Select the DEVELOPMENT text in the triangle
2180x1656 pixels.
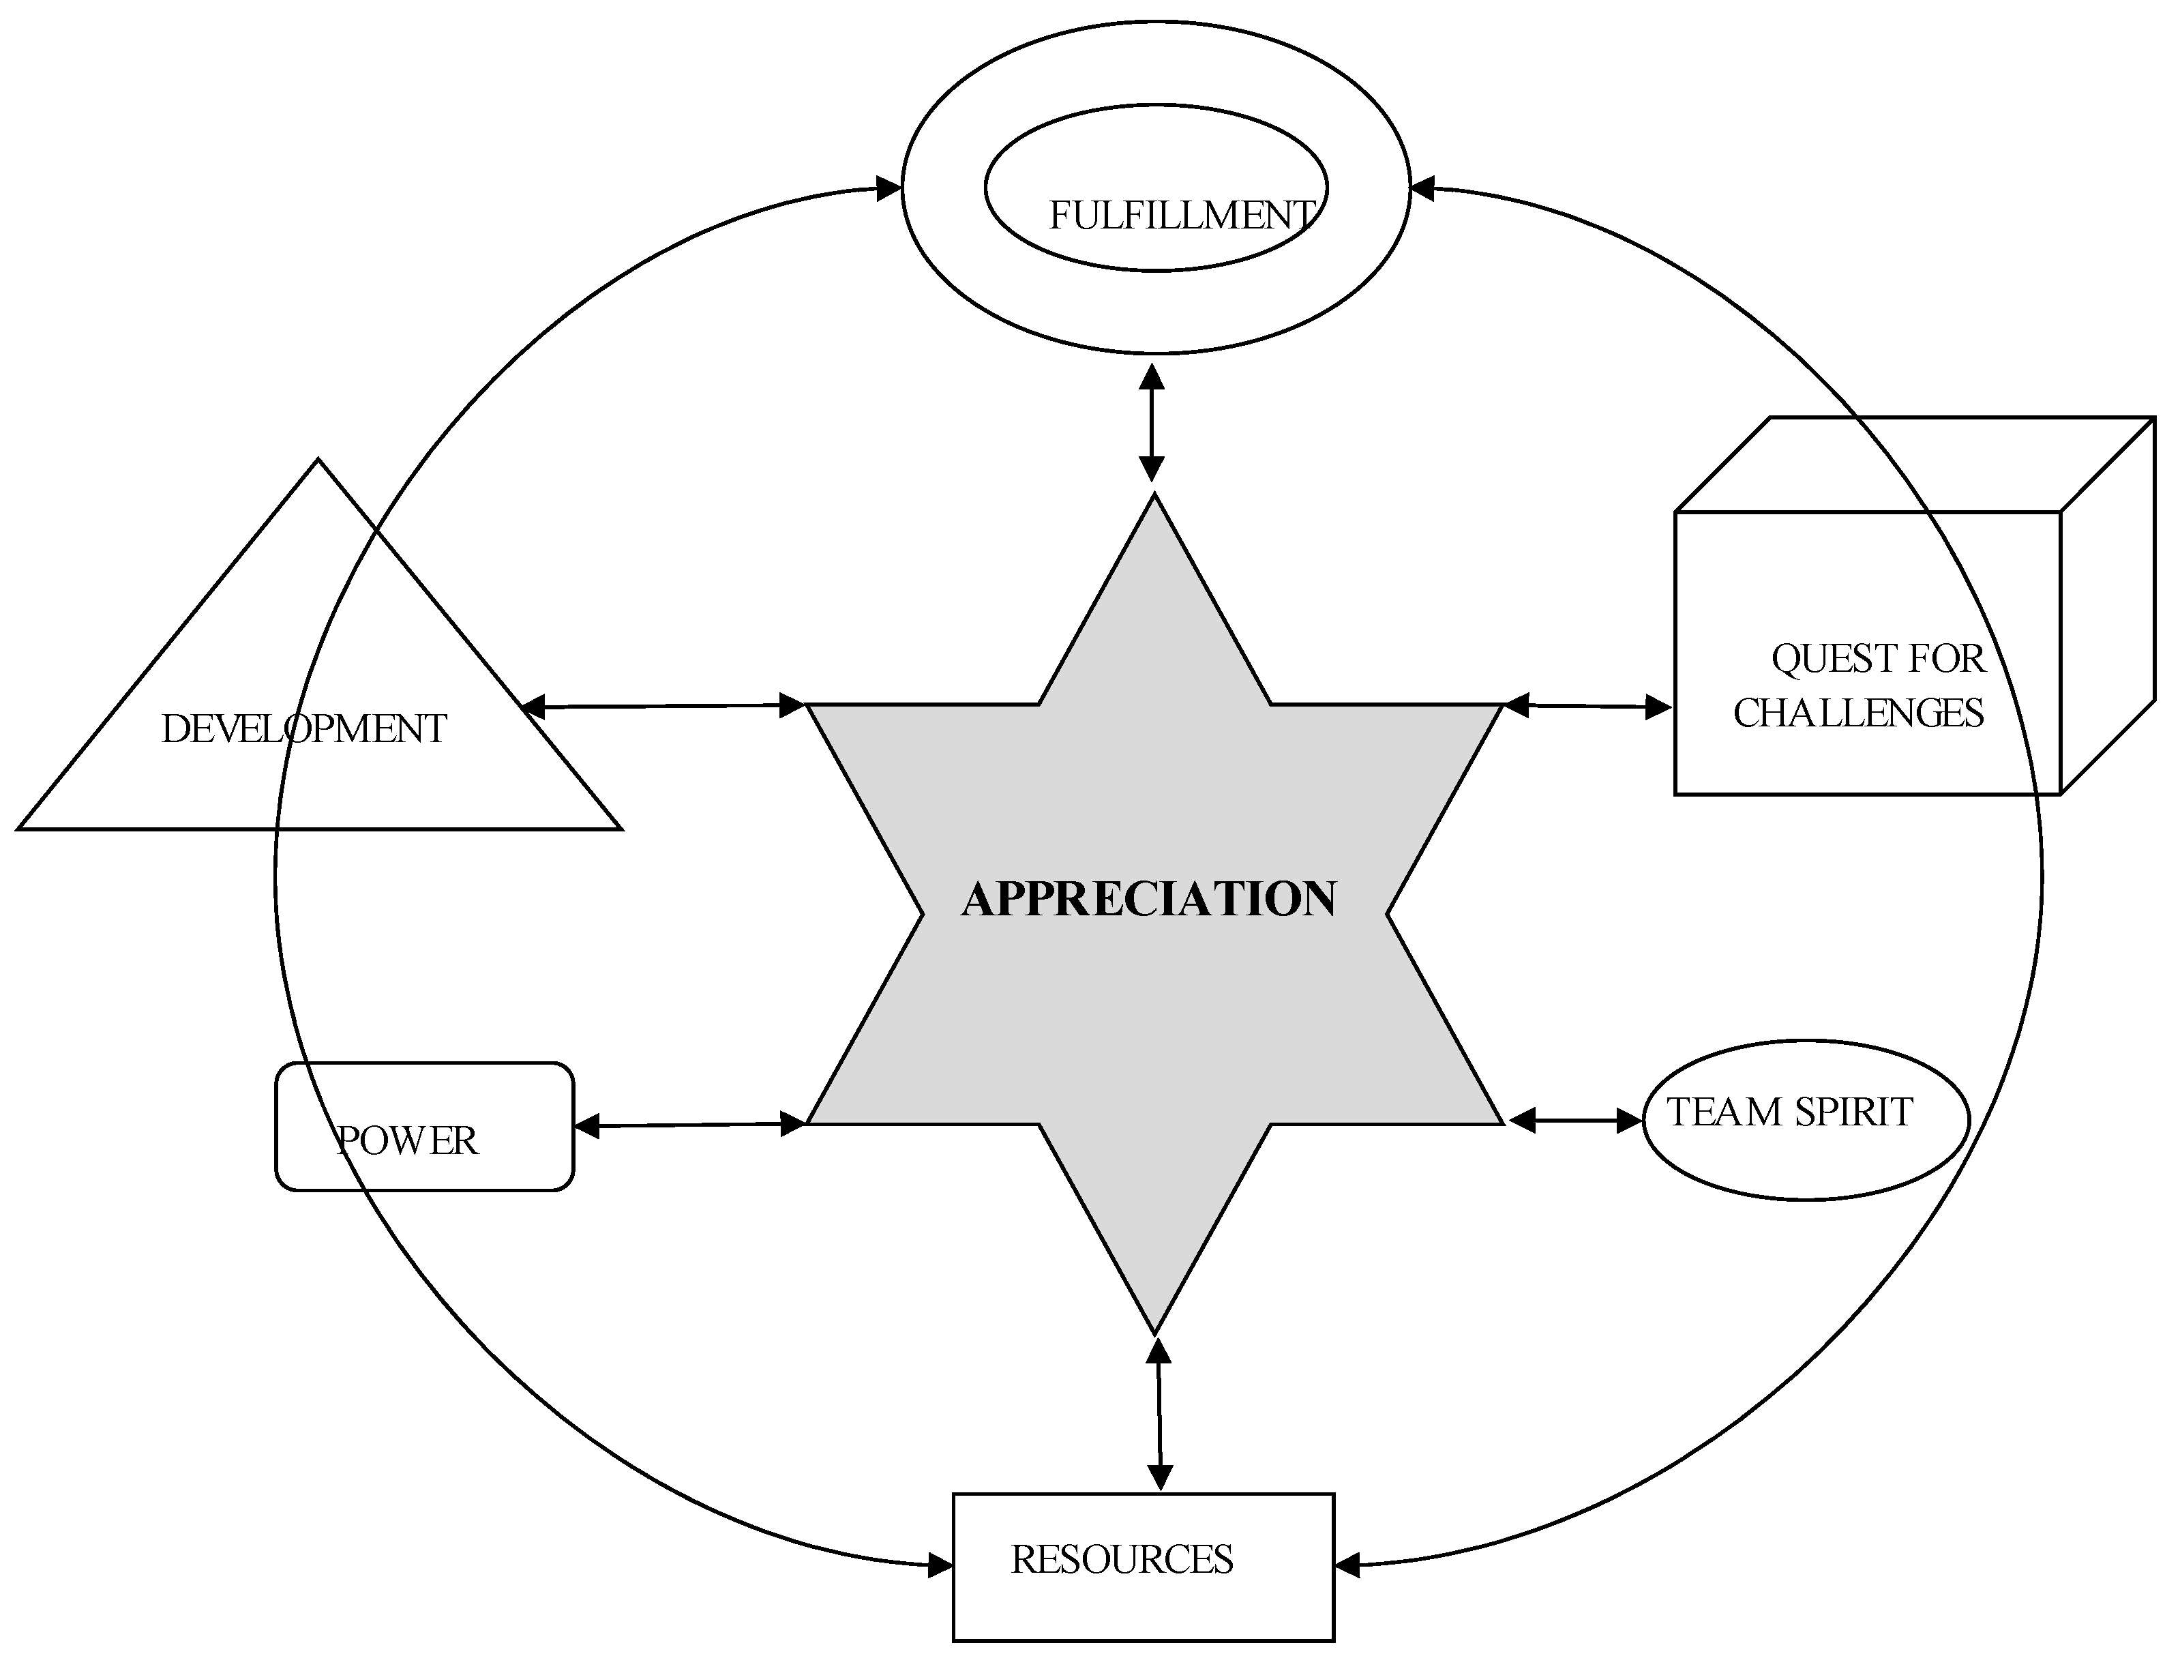(x=303, y=729)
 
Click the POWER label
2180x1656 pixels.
(x=407, y=1142)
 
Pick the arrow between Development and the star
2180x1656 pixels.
(x=662, y=706)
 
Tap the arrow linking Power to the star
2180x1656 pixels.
(x=690, y=1125)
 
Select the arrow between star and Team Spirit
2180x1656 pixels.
(x=1575, y=1120)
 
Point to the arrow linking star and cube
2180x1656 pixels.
(x=1587, y=706)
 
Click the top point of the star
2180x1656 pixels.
(x=1154, y=498)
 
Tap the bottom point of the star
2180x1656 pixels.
(x=1154, y=1331)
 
